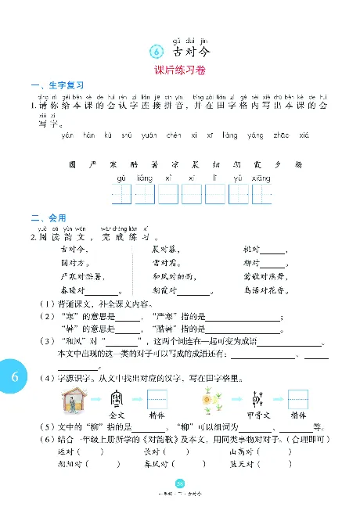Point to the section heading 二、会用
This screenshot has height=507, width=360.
(45, 217)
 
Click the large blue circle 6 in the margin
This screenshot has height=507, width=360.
(14, 377)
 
